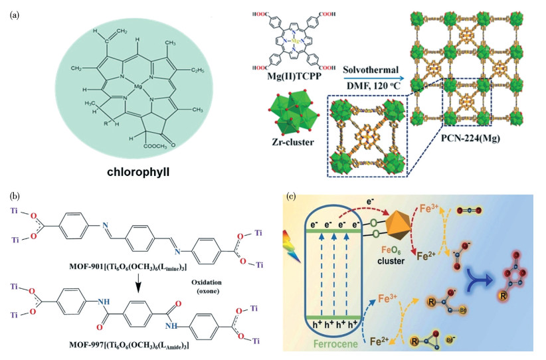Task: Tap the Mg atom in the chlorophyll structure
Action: point(137,87)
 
